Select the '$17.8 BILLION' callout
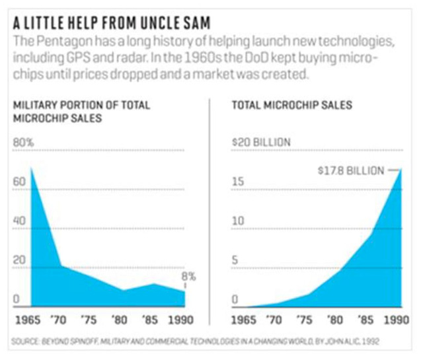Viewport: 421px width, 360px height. pyautogui.click(x=350, y=170)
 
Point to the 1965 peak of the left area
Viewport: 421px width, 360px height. pyautogui.click(x=31, y=169)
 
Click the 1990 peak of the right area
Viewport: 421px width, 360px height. pyautogui.click(x=400, y=171)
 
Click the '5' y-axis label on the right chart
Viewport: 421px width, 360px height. pyautogui.click(x=235, y=260)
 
